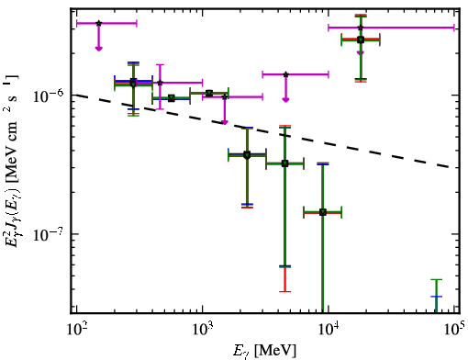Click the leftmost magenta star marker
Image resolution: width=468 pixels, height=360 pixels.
pyautogui.click(x=98, y=23)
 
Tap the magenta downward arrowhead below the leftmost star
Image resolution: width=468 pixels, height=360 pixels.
pyautogui.click(x=98, y=49)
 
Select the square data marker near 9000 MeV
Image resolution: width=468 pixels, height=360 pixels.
pyautogui.click(x=322, y=212)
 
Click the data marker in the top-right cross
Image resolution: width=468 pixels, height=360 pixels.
pyautogui.click(x=361, y=39)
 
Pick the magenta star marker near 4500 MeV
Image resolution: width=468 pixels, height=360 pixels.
pyautogui.click(x=285, y=74)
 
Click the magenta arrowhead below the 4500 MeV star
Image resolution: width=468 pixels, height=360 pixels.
pyautogui.click(x=285, y=100)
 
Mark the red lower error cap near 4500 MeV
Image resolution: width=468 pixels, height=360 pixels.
pyautogui.click(x=284, y=291)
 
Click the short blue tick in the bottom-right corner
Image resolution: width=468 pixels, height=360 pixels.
pyautogui.click(x=437, y=297)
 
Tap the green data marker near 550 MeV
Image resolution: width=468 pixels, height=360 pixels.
pyautogui.click(x=172, y=98)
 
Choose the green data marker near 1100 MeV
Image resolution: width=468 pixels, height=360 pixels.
pyautogui.click(x=209, y=93)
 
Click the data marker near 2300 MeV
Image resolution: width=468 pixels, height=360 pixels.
pyautogui.click(x=247, y=154)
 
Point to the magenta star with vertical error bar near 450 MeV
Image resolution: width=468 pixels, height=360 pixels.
pyautogui.click(x=160, y=83)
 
